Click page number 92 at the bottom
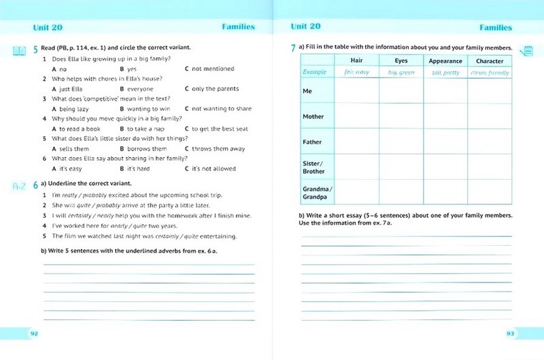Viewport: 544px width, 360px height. point(33,333)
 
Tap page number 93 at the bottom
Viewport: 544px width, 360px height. point(511,333)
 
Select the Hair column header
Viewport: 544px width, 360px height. point(356,61)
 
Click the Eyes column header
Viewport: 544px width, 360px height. point(401,61)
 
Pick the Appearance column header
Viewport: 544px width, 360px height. point(445,61)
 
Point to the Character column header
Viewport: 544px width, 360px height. point(490,61)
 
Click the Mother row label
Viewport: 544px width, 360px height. point(313,116)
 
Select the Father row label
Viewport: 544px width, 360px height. point(312,142)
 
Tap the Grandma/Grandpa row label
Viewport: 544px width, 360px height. point(317,193)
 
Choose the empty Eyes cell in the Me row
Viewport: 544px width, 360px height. point(401,91)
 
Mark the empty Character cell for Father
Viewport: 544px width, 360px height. point(490,142)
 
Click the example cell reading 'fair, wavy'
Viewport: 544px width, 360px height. point(356,71)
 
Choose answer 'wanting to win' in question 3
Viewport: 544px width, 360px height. point(148,109)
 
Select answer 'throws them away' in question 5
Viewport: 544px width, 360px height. point(218,148)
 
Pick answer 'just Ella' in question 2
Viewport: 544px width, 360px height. point(70,88)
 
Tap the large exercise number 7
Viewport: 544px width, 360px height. point(292,48)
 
